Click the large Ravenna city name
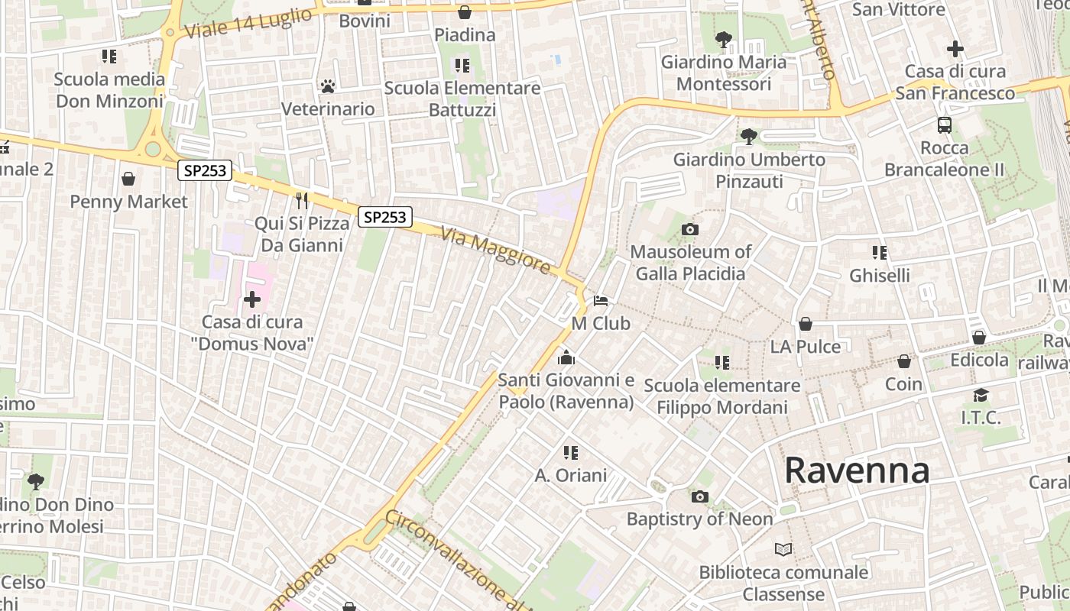[857, 470]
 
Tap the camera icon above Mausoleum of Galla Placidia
[689, 229]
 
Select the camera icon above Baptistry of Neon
[699, 497]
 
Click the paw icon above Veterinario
[328, 86]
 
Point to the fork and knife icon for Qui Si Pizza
[302, 201]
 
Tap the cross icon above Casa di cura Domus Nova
[252, 299]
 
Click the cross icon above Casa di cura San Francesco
[955, 49]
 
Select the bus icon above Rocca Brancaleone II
[945, 125]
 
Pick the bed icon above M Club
[601, 301]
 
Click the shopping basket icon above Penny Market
[128, 179]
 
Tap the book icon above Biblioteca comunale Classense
[783, 549]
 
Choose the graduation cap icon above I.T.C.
[981, 395]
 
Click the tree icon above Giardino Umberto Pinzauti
[749, 137]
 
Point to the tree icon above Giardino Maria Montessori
[723, 39]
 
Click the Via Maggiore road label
[495, 251]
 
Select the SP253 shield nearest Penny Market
[205, 170]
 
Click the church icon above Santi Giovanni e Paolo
[566, 357]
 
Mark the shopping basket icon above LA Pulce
[805, 324]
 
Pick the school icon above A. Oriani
[570, 453]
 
